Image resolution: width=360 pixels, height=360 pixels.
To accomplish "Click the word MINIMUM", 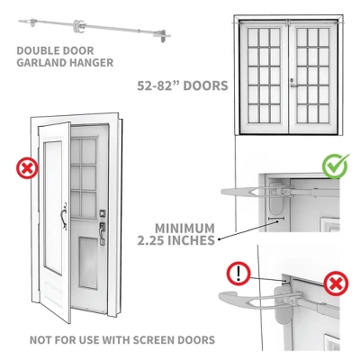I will tap(184, 229).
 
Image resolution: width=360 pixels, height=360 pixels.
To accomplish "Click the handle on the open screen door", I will tap(64, 217).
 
